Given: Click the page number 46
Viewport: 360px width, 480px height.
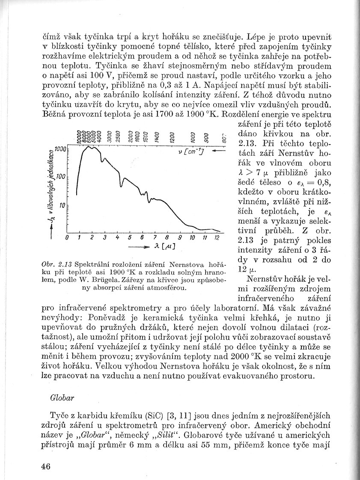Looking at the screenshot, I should point(46,466).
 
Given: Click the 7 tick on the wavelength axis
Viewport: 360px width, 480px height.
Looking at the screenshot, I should point(154,237).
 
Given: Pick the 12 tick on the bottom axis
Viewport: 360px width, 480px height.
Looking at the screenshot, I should point(217,237).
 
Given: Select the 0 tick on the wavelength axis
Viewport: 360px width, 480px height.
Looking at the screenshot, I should point(67,237).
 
